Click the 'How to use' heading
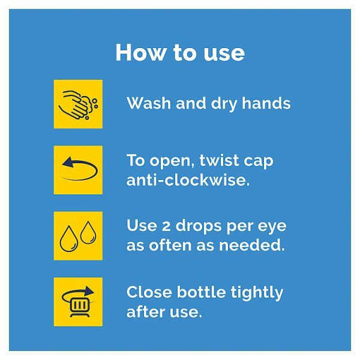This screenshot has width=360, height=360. click(180, 53)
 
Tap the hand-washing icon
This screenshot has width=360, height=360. click(78, 104)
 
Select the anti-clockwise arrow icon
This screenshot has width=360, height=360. click(78, 170)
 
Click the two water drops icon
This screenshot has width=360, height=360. click(78, 236)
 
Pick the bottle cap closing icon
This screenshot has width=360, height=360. click(78, 302)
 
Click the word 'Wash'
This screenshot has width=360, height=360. click(149, 103)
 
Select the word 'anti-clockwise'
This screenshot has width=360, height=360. click(188, 180)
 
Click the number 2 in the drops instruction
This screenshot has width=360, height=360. click(166, 226)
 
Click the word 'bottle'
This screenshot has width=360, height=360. click(201, 292)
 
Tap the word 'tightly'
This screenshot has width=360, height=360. click(257, 293)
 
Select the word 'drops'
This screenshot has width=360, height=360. click(199, 227)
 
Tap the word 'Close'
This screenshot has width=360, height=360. click(149, 292)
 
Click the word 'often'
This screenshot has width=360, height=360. click(170, 245)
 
